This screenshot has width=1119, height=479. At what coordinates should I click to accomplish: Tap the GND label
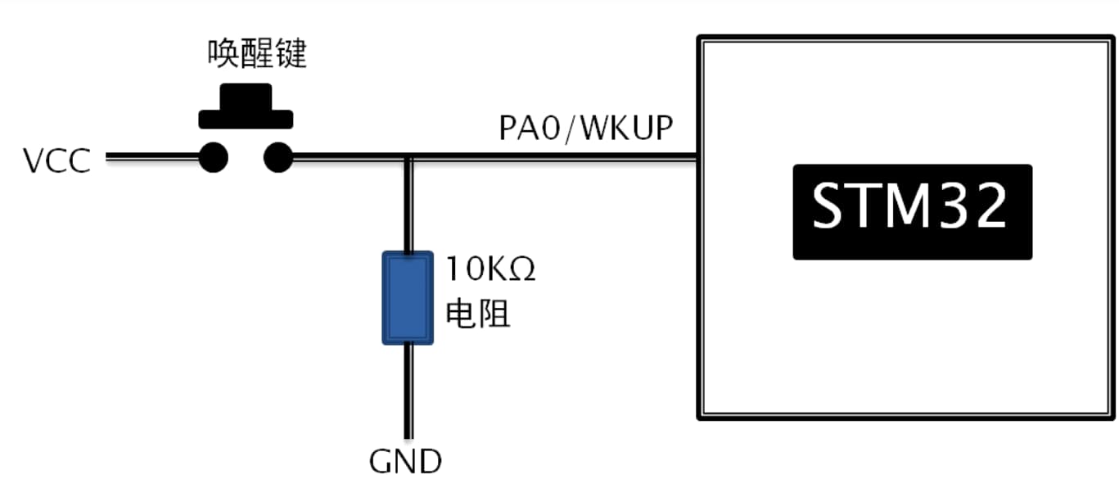tap(406, 461)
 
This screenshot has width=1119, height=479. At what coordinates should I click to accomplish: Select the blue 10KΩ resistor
tap(407, 297)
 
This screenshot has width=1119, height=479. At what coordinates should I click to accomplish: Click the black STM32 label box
tap(912, 211)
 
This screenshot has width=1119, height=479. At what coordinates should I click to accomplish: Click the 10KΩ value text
tap(490, 269)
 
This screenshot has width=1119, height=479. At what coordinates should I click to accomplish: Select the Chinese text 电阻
tap(477, 314)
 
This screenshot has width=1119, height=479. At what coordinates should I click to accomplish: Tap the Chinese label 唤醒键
tap(256, 55)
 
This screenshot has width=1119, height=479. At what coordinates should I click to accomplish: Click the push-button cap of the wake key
tap(246, 107)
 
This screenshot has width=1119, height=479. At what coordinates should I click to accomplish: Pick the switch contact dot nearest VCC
tap(213, 157)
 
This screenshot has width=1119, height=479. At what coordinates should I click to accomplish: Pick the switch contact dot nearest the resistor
tap(277, 157)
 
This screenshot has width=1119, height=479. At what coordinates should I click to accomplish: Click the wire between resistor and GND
tap(407, 391)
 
